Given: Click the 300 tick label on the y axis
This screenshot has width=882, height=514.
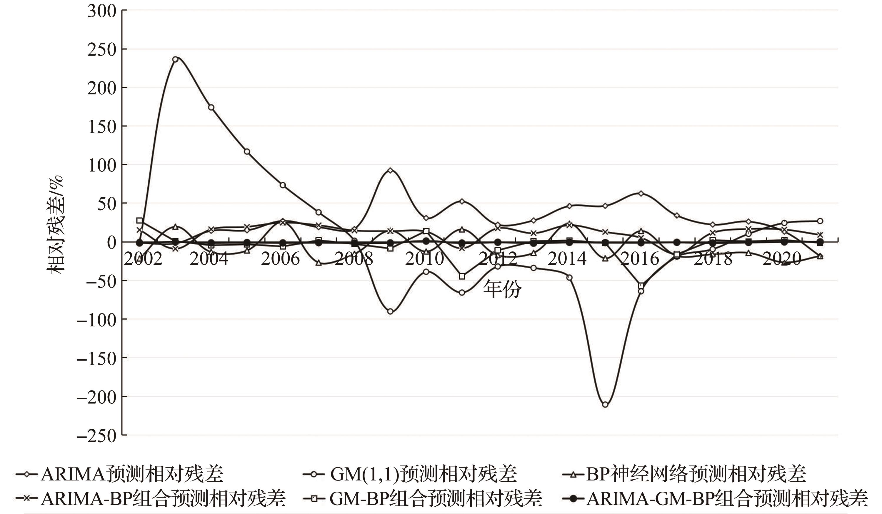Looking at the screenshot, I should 101,11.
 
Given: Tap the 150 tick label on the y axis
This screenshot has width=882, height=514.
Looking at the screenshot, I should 101,127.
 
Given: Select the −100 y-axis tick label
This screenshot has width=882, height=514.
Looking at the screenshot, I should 96,320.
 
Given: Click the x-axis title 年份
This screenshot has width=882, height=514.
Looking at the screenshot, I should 502,289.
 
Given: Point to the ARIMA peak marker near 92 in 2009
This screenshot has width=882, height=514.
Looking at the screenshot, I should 391,170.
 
